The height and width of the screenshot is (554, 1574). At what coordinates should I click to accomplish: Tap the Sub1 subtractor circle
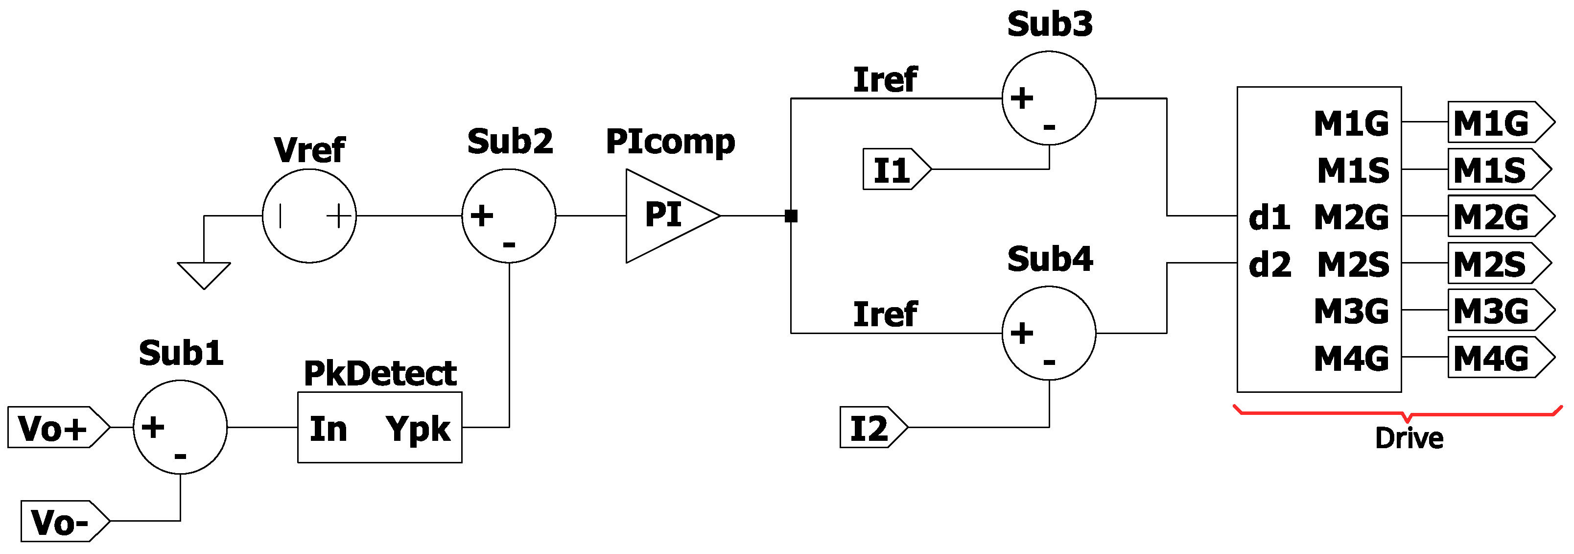click(x=180, y=427)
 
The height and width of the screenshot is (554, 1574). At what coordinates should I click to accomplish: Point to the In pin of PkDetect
click(x=328, y=428)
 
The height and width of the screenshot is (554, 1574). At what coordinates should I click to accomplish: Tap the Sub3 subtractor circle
click(x=1049, y=98)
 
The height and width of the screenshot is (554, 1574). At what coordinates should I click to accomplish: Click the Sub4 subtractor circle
click(x=1049, y=333)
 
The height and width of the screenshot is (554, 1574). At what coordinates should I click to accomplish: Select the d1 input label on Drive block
click(x=1269, y=217)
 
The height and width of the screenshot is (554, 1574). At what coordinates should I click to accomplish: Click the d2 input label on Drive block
click(x=1269, y=264)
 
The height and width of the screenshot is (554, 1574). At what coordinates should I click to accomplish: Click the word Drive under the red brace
click(x=1409, y=438)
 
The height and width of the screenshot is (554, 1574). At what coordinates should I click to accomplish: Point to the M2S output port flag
click(x=1498, y=264)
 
